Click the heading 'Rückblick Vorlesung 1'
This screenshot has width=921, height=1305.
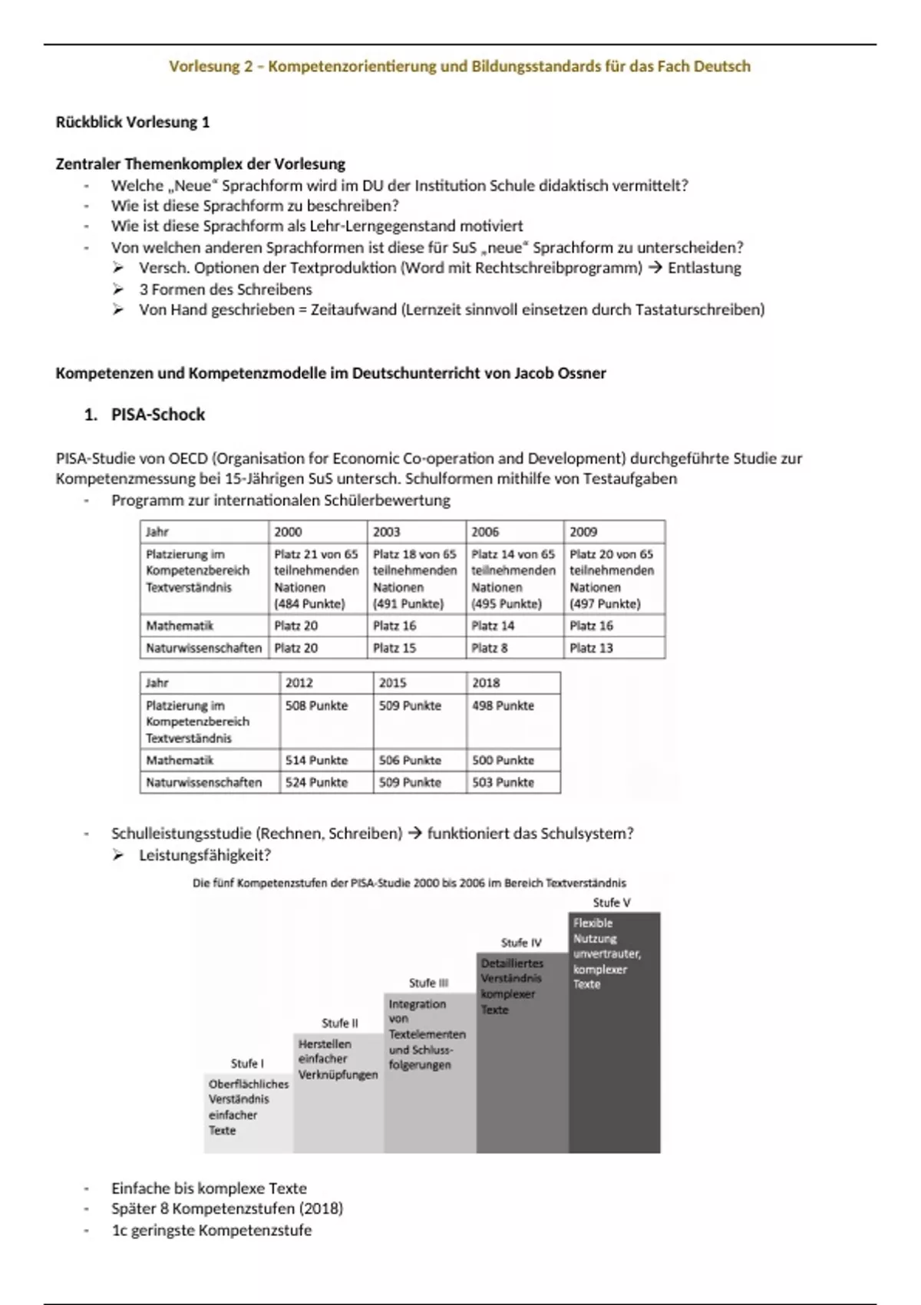pyautogui.click(x=132, y=122)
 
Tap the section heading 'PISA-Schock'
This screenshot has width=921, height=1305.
pyautogui.click(x=158, y=415)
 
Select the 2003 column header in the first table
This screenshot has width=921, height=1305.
pyautogui.click(x=387, y=531)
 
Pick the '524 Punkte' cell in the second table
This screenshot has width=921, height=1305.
pyautogui.click(x=316, y=782)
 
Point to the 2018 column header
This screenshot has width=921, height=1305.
pyautogui.click(x=486, y=682)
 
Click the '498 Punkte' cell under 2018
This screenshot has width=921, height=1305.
pyautogui.click(x=503, y=705)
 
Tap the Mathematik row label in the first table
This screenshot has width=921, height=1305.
pyautogui.click(x=180, y=626)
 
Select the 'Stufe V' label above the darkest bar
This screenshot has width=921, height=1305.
pyautogui.click(x=612, y=903)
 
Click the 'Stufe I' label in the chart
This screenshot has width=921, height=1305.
pyautogui.click(x=247, y=1063)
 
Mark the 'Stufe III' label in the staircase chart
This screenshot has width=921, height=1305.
pyautogui.click(x=428, y=983)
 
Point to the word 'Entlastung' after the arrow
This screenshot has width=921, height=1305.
pyautogui.click(x=704, y=268)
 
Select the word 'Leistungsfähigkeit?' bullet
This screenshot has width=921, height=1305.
pyautogui.click(x=204, y=854)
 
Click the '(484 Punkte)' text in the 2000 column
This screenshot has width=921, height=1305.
pyautogui.click(x=309, y=603)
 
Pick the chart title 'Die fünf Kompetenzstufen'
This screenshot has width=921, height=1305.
pyautogui.click(x=409, y=883)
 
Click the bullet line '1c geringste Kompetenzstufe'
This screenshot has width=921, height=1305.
pyautogui.click(x=211, y=1230)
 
